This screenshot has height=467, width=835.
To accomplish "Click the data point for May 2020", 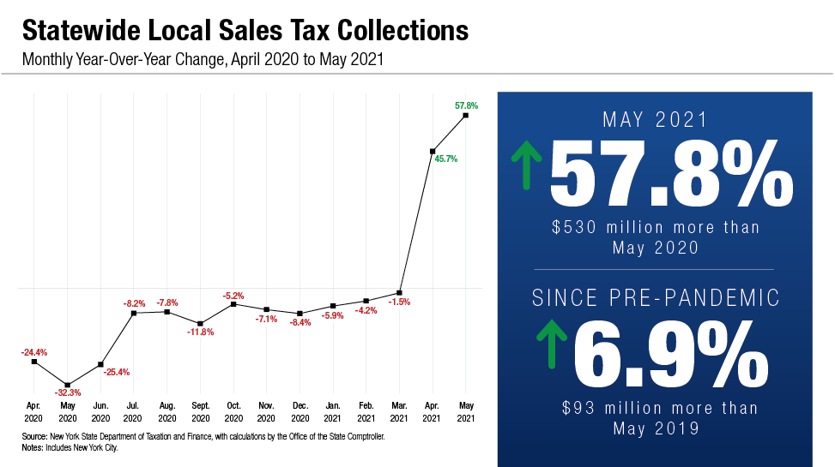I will (x=68, y=385).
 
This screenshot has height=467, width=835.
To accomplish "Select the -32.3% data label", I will (x=68, y=393).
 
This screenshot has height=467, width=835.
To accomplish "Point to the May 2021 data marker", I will (x=465, y=114).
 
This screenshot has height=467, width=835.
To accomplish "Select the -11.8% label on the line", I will (x=201, y=332).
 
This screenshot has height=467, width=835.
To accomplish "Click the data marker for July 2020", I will (x=134, y=314).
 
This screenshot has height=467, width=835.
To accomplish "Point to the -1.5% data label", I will (x=400, y=302).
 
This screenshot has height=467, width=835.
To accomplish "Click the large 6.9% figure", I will (x=669, y=354).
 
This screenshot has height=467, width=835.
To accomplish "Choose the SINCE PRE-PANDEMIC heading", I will (x=657, y=298).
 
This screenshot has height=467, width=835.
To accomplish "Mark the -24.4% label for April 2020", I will (x=34, y=352).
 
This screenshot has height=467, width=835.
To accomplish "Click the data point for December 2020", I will (x=300, y=314).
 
